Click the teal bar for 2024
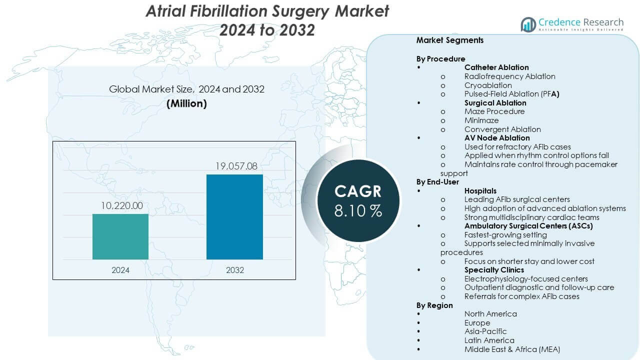[x=120, y=236]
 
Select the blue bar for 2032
[x=234, y=216]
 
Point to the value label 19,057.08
[x=234, y=166]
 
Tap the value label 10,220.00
[x=120, y=205]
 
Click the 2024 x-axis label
[x=120, y=270]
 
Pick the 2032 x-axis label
[x=234, y=270]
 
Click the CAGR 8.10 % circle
[x=358, y=200]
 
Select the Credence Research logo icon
[x=528, y=24]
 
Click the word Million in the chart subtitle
[x=186, y=103]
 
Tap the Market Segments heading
[x=449, y=40]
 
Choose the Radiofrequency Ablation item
[x=509, y=76]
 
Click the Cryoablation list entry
[x=487, y=85]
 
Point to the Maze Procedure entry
[x=494, y=111]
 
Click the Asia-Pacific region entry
[x=485, y=331]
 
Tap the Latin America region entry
[x=489, y=340]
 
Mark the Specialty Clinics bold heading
[x=494, y=270]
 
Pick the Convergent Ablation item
[x=502, y=129]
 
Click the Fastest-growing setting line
[x=505, y=234]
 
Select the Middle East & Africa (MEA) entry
[x=512, y=349]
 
